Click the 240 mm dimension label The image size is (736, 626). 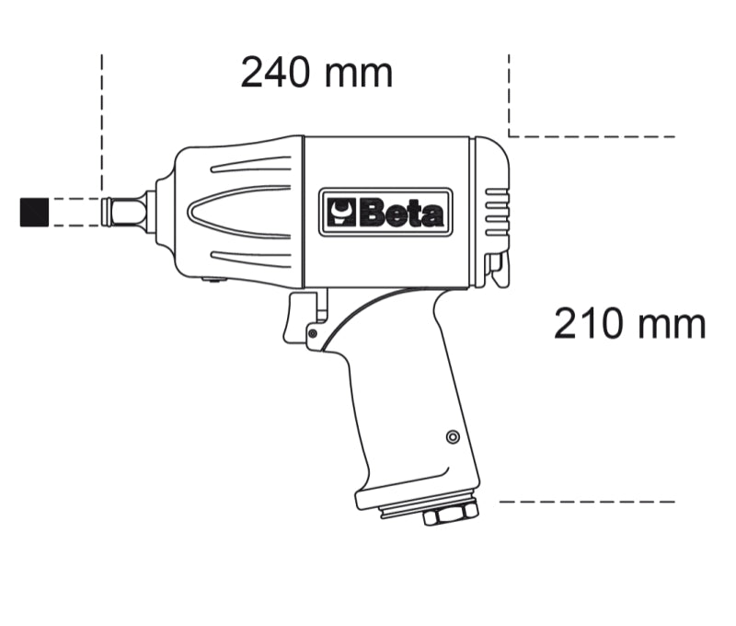tap(316, 72)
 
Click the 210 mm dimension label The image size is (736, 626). tap(629, 323)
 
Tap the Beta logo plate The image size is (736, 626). tap(385, 213)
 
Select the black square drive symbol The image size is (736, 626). tap(34, 212)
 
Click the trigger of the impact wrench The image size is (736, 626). tap(302, 318)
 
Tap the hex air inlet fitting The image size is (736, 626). tap(450, 514)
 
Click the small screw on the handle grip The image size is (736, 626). tap(452, 436)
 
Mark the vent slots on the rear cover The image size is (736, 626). tap(497, 211)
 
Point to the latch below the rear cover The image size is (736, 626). tap(498, 270)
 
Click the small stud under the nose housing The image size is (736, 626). tap(213, 282)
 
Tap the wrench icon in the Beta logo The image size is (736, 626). tap(340, 214)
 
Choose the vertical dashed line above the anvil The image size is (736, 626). tap(101, 120)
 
